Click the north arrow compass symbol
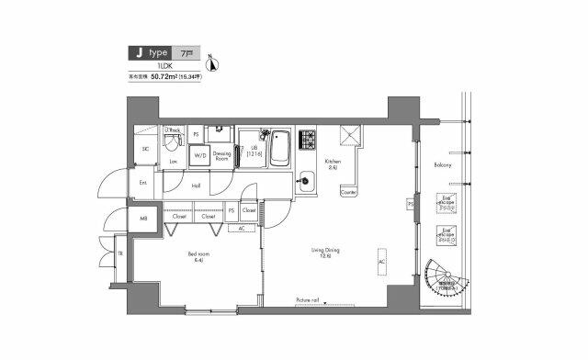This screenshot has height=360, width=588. coord(213,63)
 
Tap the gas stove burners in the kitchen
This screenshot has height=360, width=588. coord(305,140)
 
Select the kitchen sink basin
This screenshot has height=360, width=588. coord(305,181)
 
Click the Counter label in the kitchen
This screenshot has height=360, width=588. coord(347,193)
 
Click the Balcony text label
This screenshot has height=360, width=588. coord(443,165)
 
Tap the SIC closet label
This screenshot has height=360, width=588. coord(145,150)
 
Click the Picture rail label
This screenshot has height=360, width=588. coord(307,300)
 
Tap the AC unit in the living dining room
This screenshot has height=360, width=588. coord(381,261)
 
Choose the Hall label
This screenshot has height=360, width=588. coord(197,185)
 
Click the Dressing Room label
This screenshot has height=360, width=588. coord(221,157)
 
